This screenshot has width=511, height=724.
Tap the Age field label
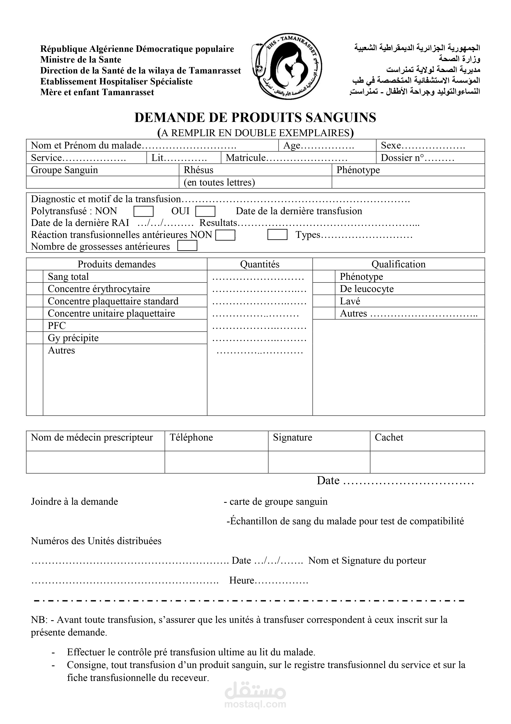[x=292, y=145]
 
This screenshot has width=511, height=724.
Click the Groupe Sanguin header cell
[x=64, y=170]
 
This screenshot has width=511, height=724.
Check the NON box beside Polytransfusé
[x=144, y=211]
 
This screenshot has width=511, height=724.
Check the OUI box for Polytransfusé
[x=205, y=211]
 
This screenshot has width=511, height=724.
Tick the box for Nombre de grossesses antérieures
[x=187, y=246]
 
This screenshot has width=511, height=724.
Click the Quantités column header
[x=260, y=264]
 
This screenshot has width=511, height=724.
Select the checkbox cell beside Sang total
[x=35, y=276]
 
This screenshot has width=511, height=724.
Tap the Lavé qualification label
[x=350, y=301]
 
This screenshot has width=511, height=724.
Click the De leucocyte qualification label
[x=366, y=289]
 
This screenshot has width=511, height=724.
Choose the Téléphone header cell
[x=191, y=437]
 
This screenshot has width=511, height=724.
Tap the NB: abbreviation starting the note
[x=39, y=620]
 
